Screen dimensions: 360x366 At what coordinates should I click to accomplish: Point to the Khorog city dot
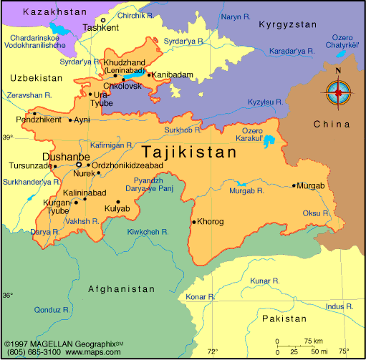[193, 221]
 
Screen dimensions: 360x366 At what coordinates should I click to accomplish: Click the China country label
[330, 125]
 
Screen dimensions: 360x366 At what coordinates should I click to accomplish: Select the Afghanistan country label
[121, 289]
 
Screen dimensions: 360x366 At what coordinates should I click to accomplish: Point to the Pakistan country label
[284, 318]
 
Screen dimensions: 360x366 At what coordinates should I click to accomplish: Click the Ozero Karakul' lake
[271, 141]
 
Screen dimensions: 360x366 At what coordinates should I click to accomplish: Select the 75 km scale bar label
[313, 341]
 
